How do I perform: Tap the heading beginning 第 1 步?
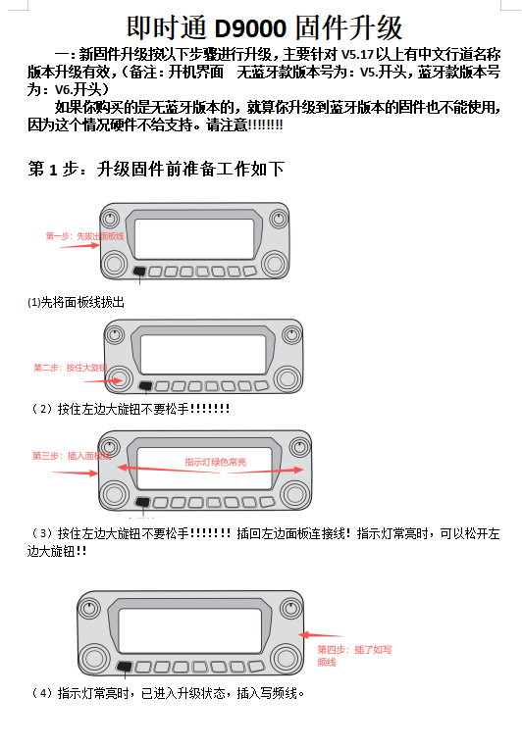click(156, 170)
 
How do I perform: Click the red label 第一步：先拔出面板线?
click(84, 236)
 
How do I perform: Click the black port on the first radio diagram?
click(140, 272)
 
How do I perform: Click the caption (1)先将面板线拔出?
click(77, 302)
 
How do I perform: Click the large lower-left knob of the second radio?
click(121, 378)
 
